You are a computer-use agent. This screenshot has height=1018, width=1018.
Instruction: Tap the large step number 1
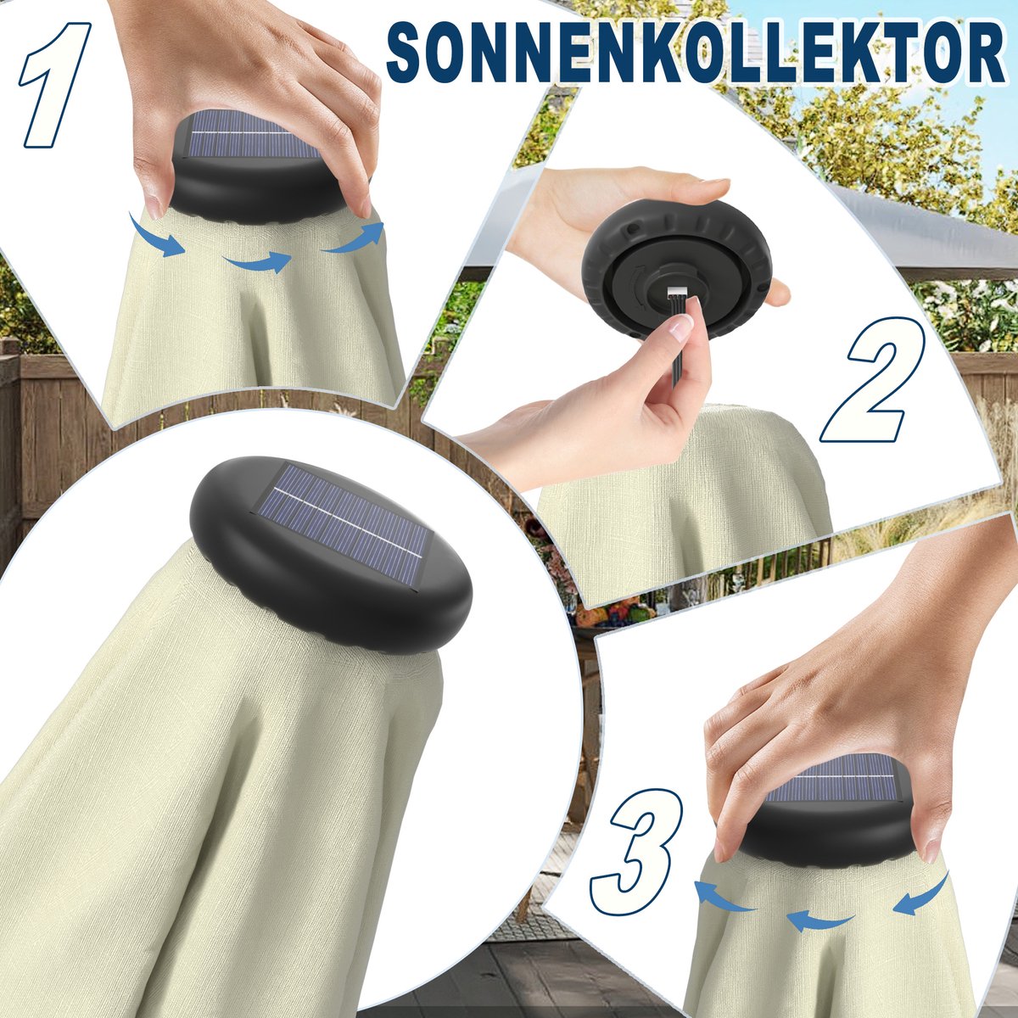[x=54, y=85]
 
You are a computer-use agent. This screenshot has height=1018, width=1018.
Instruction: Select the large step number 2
[x=872, y=379]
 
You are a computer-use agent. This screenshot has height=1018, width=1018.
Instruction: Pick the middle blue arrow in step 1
[x=257, y=261]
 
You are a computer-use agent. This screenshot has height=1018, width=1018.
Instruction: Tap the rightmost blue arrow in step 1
[x=355, y=238]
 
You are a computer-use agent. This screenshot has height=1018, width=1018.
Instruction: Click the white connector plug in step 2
[x=676, y=291]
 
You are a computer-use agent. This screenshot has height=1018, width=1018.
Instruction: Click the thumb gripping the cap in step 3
[x=930, y=824]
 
